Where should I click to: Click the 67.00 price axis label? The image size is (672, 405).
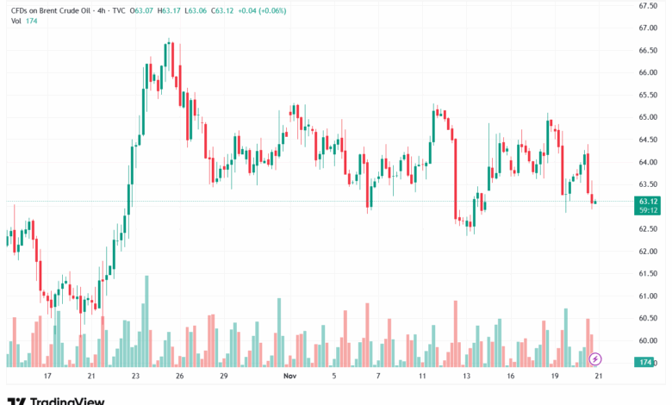tap(649, 28)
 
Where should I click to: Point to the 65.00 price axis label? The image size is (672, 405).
tap(649, 117)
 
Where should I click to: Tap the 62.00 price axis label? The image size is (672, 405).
tap(649, 252)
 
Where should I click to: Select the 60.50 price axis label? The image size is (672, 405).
tap(649, 319)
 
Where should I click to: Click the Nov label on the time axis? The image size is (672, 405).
tap(289, 377)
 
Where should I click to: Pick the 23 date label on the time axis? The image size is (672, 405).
tap(135, 377)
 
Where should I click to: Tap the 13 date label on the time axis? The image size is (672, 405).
tap(467, 377)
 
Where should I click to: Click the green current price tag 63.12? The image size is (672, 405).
tap(649, 201)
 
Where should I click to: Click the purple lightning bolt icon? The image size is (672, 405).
tap(595, 358)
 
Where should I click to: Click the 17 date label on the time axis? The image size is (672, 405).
tap(47, 377)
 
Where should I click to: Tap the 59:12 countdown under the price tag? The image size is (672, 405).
tap(649, 209)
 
